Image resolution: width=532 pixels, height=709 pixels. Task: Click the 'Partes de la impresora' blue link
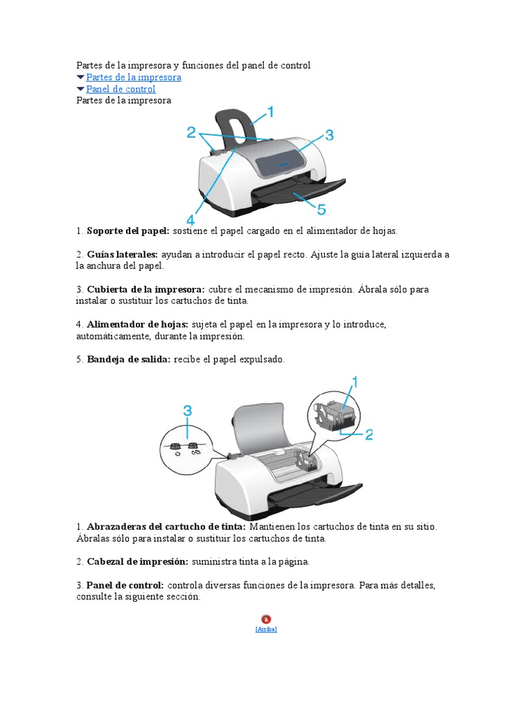134,78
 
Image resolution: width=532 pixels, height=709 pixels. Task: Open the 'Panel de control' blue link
121,89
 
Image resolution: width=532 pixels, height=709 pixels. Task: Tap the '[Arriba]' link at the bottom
266,629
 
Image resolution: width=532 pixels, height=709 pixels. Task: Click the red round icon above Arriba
266,619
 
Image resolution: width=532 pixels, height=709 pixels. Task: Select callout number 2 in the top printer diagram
191,133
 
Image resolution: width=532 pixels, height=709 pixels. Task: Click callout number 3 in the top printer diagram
329,134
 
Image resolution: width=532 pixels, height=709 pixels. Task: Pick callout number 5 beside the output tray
321,208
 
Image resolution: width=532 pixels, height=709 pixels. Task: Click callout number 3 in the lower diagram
187,411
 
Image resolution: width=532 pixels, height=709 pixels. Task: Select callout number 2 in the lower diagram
369,435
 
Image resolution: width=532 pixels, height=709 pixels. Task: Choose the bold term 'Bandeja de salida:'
129,360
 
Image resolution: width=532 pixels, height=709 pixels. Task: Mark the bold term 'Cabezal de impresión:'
138,562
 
